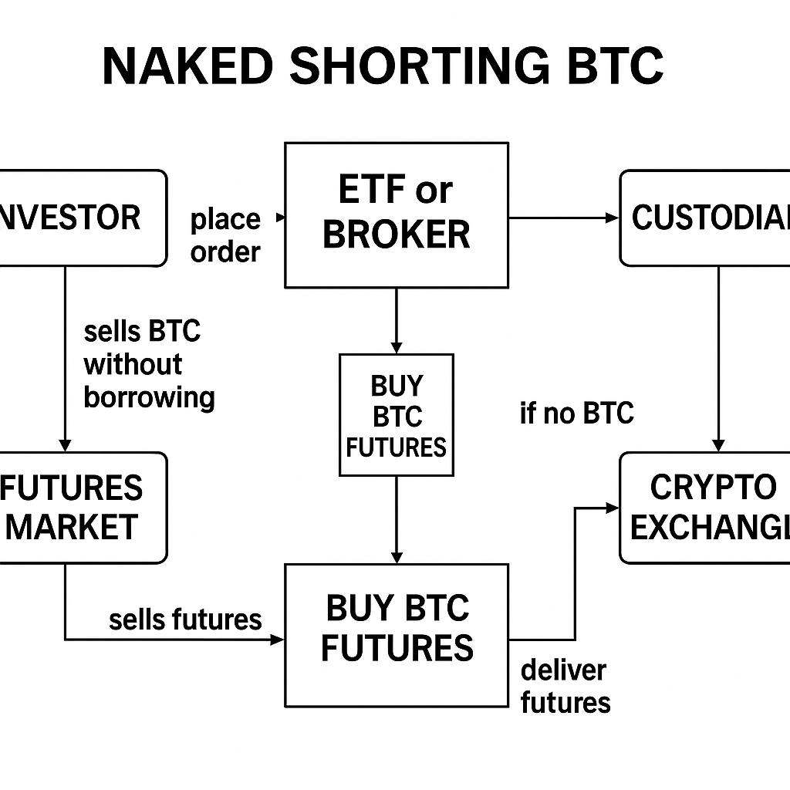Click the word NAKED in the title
tap(187, 66)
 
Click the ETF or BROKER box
tap(397, 214)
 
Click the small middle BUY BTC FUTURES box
tap(397, 415)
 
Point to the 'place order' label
tap(225, 235)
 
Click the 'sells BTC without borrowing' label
tap(147, 364)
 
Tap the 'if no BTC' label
tap(576, 414)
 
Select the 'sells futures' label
tap(185, 619)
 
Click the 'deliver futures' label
tap(565, 686)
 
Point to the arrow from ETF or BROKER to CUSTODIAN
tap(563, 218)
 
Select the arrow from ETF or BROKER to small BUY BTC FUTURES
tap(397, 321)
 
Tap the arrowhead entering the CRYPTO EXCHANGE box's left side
tap(613, 508)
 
